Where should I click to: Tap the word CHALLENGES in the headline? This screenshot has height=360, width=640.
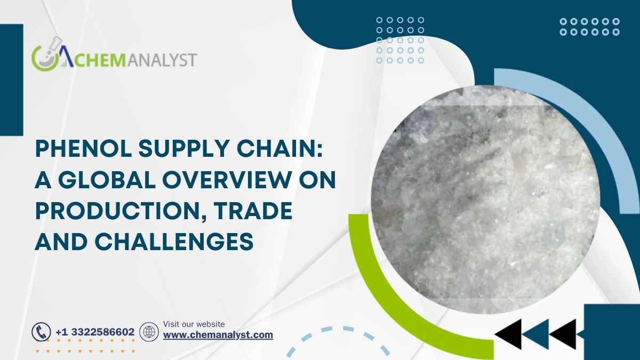[x=174, y=242]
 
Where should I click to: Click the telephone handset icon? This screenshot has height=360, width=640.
[x=41, y=332]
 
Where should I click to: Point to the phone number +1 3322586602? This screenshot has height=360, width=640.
[x=95, y=332]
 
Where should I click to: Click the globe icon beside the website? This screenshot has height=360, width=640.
[x=149, y=332]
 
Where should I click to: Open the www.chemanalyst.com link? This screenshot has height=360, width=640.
[x=218, y=335]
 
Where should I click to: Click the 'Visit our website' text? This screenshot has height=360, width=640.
[x=194, y=324]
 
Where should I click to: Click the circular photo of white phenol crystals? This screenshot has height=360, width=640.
[x=485, y=199]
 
